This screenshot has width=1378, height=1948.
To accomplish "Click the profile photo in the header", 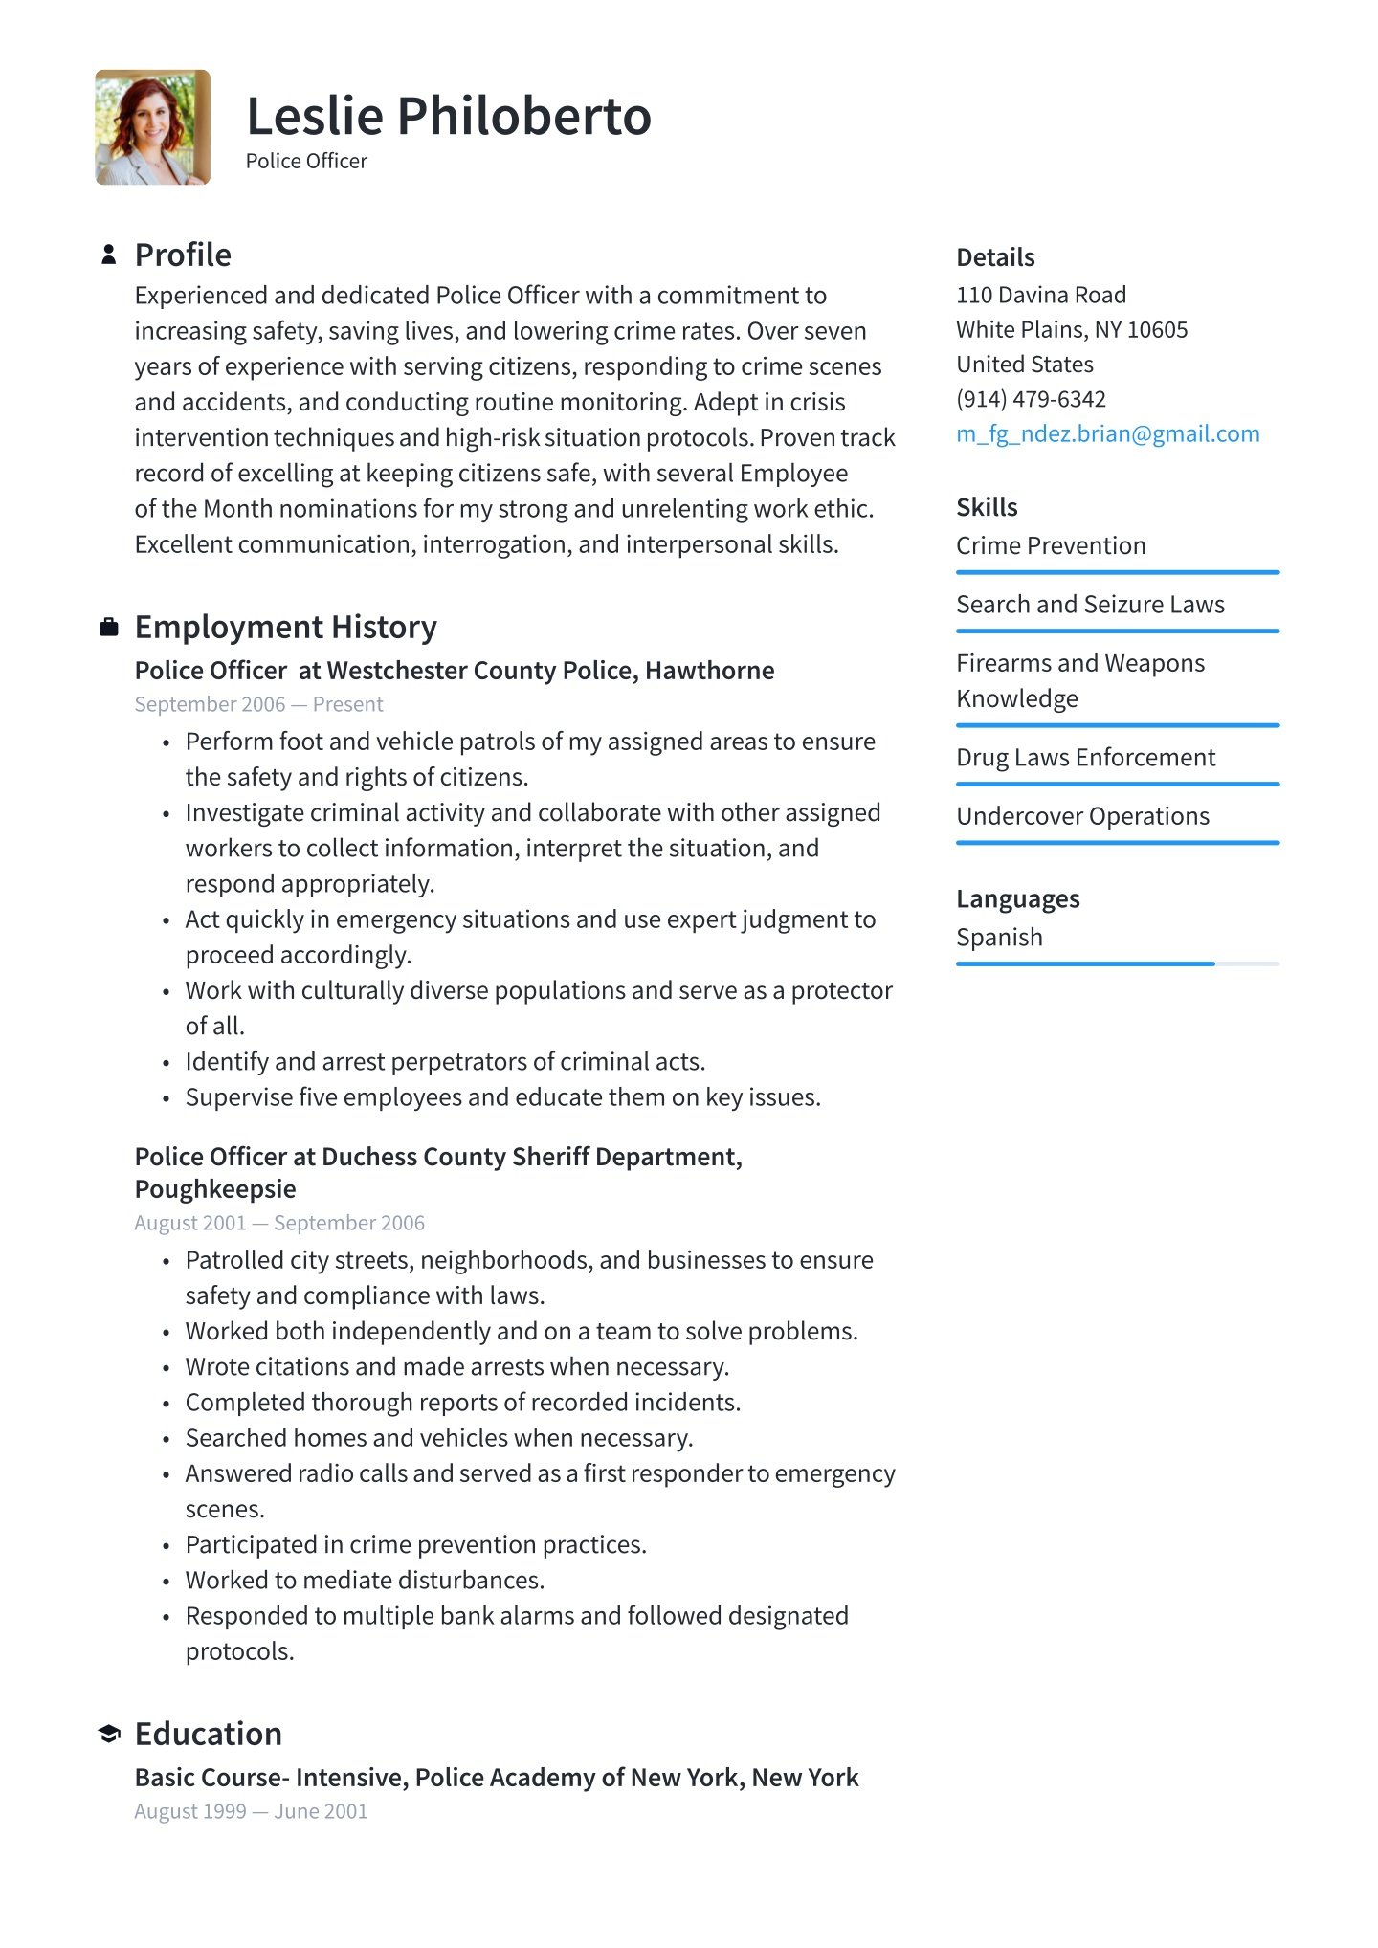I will [152, 127].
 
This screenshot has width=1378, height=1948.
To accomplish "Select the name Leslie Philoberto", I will [448, 117].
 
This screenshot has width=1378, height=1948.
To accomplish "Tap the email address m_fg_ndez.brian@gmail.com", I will [1107, 434].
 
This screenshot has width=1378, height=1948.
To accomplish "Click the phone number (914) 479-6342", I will [1031, 399].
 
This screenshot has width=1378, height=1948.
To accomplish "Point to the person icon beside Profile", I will [109, 255].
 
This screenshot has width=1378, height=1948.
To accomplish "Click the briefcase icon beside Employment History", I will [109, 628].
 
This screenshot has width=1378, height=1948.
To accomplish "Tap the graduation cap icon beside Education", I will [109, 1734].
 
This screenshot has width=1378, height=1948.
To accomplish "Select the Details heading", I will [995, 257].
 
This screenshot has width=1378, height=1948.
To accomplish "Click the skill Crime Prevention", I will [1051, 546].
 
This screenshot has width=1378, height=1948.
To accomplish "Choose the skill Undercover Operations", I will [1082, 817].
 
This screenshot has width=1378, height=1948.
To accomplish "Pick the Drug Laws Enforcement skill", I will [1085, 758].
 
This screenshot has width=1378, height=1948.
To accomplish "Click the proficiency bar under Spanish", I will [1117, 963].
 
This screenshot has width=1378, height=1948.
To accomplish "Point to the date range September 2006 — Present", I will [258, 705].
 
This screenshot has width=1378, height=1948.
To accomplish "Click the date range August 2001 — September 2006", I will [279, 1224].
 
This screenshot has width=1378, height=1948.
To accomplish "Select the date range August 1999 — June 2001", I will [251, 1812].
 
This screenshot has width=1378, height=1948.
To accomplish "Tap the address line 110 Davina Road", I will [1041, 296].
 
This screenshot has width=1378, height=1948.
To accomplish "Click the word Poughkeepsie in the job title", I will [215, 1189].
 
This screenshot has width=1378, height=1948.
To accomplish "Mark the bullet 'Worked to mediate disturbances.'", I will [365, 1581].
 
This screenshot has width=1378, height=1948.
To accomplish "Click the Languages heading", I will [1017, 899].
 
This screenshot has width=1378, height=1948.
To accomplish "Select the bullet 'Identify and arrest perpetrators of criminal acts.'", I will [445, 1062].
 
